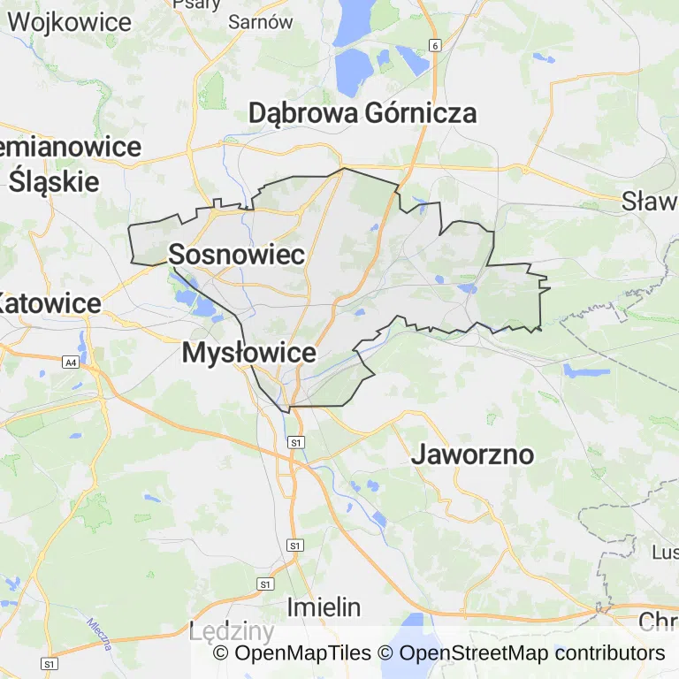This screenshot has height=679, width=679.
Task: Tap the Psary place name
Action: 196,4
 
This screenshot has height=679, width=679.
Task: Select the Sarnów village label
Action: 260,23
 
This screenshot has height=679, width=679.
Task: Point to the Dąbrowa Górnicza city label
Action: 362,113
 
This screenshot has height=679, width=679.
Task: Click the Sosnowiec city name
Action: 236,255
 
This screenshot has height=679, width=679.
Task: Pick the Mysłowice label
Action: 248,353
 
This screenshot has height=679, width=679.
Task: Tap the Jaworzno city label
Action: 473,454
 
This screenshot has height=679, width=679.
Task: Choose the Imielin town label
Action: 324,607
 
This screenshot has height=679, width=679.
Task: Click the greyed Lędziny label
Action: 232,631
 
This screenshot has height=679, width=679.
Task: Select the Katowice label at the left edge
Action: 50,303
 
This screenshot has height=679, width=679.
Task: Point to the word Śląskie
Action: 54,181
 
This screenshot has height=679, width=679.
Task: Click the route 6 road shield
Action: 435,44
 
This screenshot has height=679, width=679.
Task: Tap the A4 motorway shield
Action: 70,362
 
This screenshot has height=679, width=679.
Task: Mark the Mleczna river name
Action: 99,633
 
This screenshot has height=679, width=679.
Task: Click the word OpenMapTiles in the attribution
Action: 302,653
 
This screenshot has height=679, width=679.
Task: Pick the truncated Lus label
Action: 664,552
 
